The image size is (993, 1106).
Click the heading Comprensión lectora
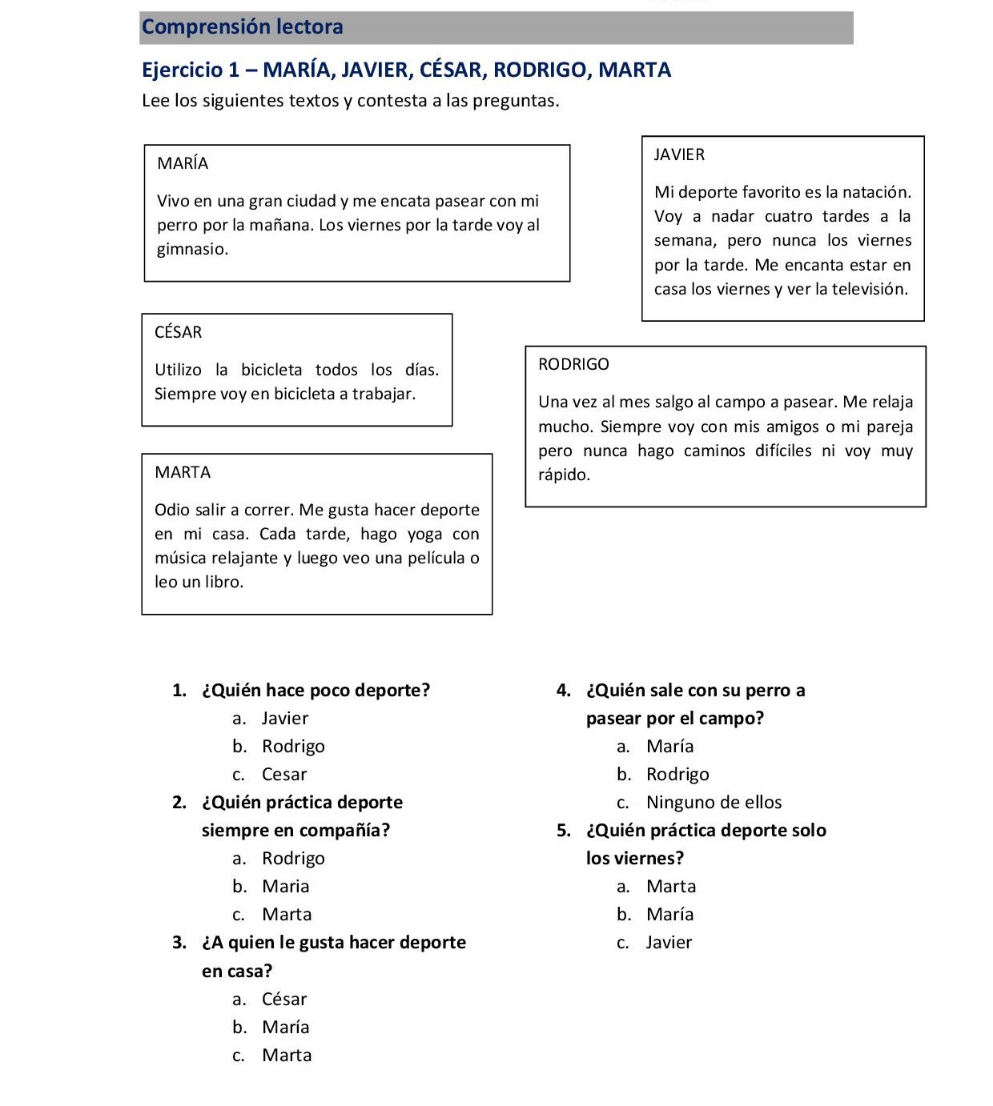pos(242,27)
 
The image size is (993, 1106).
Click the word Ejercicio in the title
pos(182,70)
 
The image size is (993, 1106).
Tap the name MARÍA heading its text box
pos(183,163)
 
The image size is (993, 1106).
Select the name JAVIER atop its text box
pos(679,154)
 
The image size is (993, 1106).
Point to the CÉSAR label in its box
pos(178,332)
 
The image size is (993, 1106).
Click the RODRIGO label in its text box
pos(573,364)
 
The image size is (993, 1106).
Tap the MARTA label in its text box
pos(183,472)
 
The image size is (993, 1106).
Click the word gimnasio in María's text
pos(192,249)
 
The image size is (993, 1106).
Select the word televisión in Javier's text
pos(870,289)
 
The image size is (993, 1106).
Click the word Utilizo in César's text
pos(178,370)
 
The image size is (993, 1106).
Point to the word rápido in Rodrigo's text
pos(564,475)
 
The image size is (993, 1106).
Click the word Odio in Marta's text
pos(171,510)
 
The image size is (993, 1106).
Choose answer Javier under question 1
pos(284,719)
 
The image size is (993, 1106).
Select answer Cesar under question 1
pos(284,775)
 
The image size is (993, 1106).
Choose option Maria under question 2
pos(285,887)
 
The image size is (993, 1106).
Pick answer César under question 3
pos(284,1000)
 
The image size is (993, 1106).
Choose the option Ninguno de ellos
pos(714,803)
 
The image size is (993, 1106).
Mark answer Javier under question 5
pos(669,943)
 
